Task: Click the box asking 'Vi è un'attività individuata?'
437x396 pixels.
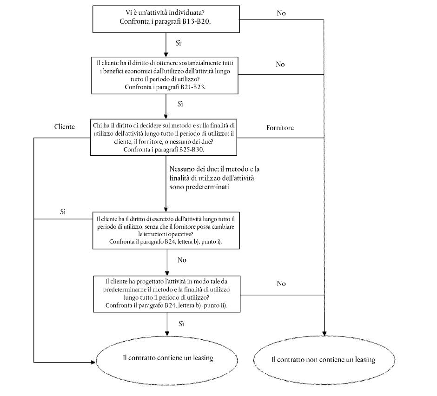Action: (x=166, y=19)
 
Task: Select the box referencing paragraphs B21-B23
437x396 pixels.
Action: (x=165, y=75)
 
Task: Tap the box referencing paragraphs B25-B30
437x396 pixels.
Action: (x=164, y=137)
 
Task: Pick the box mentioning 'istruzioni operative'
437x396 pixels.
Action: (x=166, y=230)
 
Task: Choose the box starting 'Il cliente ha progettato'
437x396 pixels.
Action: (x=166, y=294)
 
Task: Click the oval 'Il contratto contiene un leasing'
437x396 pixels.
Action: (x=167, y=360)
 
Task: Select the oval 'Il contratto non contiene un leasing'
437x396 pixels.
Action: (x=324, y=360)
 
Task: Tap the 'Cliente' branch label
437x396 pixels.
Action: (x=64, y=127)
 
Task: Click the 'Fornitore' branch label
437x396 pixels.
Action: (x=280, y=128)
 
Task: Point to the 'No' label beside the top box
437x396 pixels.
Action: (x=281, y=13)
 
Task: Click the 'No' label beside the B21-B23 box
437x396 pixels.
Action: (x=280, y=65)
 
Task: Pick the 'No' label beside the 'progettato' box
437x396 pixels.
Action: (x=281, y=284)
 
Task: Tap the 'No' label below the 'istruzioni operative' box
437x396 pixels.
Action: (x=182, y=260)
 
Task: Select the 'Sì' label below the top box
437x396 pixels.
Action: (x=178, y=43)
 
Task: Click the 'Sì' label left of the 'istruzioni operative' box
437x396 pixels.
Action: (x=63, y=212)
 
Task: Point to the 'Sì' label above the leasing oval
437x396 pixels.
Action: (x=181, y=324)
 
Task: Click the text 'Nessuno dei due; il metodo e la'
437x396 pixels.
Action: (x=214, y=169)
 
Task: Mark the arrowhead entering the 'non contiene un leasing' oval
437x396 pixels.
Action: (x=324, y=334)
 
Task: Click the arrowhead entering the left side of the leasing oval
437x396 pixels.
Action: (x=93, y=362)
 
